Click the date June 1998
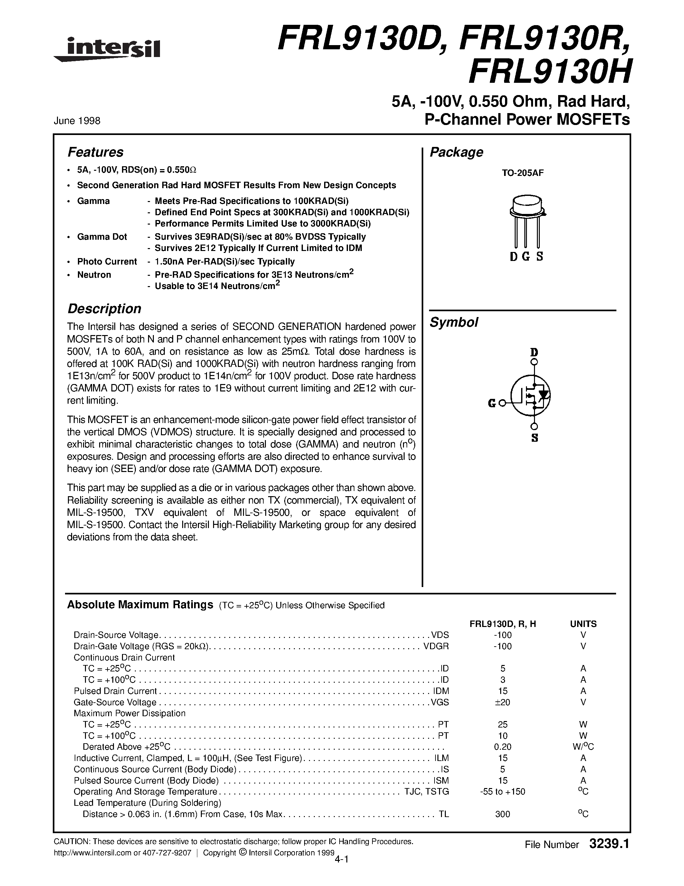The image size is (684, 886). click(77, 120)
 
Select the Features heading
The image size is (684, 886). click(95, 152)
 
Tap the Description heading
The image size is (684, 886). click(104, 309)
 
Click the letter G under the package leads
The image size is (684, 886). click(526, 257)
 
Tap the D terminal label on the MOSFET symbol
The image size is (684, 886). click(534, 352)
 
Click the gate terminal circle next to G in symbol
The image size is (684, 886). click(502, 403)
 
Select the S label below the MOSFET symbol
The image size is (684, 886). click(534, 438)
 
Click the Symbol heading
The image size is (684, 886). click(454, 323)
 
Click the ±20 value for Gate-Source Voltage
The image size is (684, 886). click(502, 702)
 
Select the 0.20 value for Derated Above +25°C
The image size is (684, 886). click(502, 747)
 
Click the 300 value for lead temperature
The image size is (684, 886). click(502, 814)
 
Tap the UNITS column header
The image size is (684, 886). click(583, 624)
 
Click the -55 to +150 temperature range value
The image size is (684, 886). click(502, 792)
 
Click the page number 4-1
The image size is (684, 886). click(342, 859)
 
